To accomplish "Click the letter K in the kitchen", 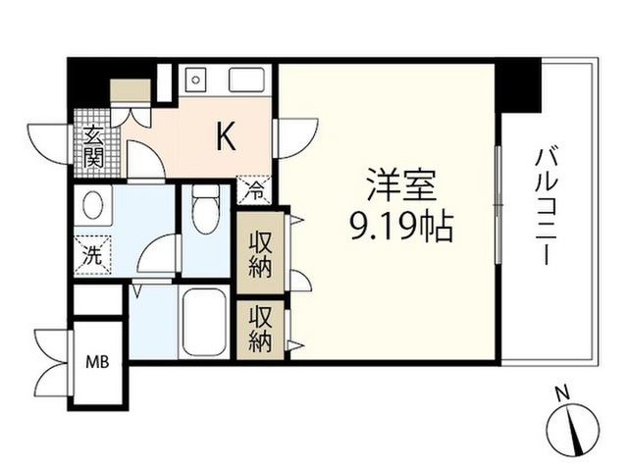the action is (x=226, y=136).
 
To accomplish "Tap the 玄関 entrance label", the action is (x=94, y=146).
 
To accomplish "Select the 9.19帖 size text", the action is (x=401, y=227).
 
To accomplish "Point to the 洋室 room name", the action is (x=401, y=185).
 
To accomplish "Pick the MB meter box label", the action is (x=98, y=362).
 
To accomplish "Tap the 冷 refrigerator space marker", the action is (x=255, y=190).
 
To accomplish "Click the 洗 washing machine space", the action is (x=92, y=255).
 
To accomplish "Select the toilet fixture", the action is (x=206, y=209).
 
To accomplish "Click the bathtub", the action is (x=204, y=323).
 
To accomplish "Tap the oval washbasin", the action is (x=93, y=203).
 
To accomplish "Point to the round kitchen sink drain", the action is (x=195, y=79).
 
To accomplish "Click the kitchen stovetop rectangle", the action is (x=246, y=79).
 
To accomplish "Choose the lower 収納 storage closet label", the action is (x=260, y=329).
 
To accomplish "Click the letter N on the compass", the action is (x=564, y=393).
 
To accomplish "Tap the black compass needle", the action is (x=575, y=431).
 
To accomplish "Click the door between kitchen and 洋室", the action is (x=295, y=138).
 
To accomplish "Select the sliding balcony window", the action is (x=497, y=205).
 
